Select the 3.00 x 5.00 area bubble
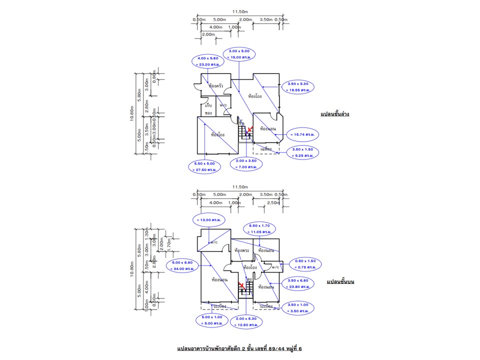pos(239,54)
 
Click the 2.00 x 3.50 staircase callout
pos(246,164)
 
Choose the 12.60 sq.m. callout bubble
pos(246,322)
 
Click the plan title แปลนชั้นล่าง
pos(334,114)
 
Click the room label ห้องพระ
pos(241,250)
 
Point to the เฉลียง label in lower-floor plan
pos(265,149)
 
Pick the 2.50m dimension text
pos(273,202)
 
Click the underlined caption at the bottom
pos(239,346)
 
